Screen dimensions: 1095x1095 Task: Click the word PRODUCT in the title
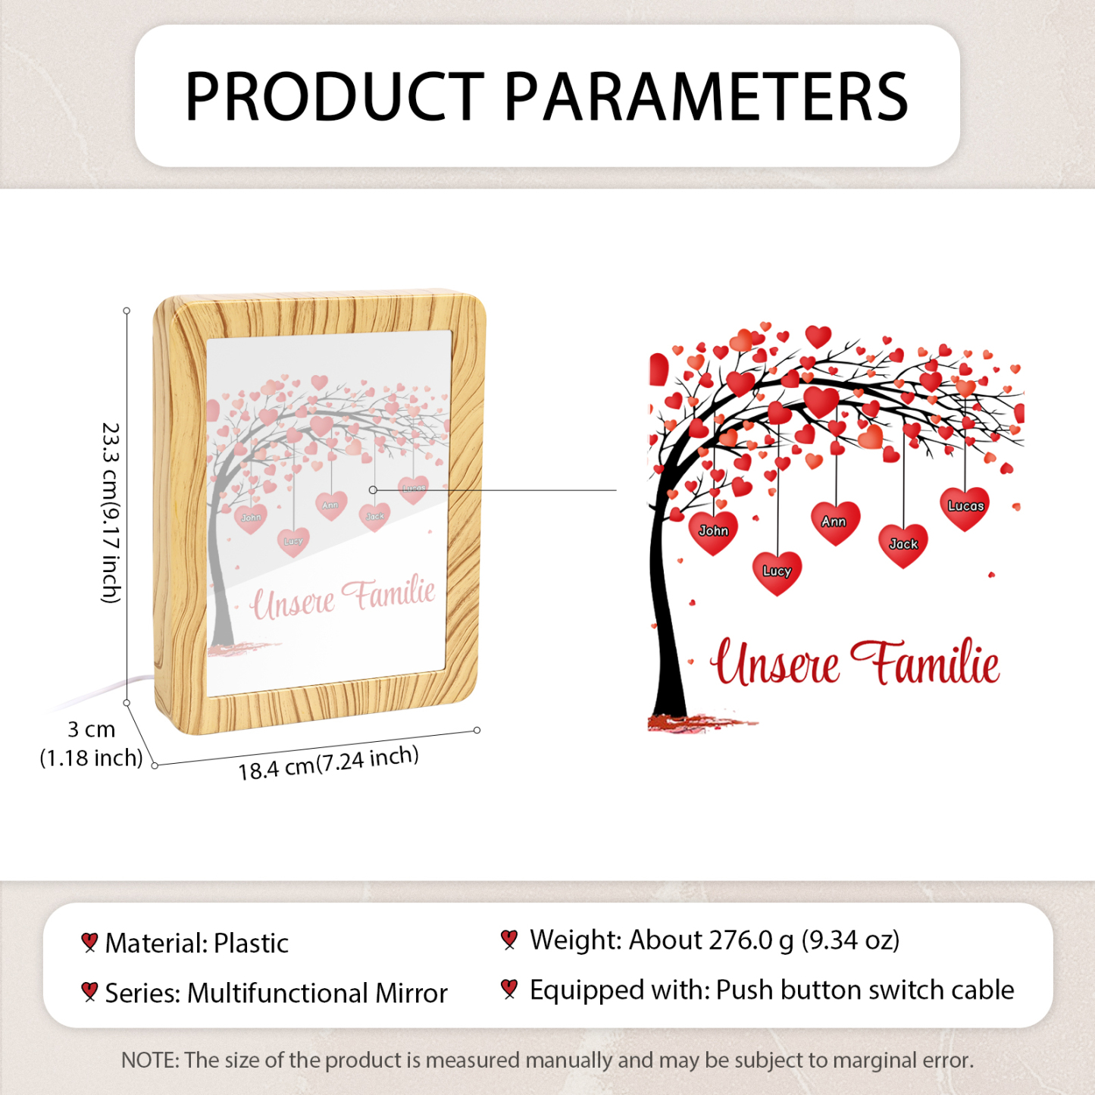pyautogui.click(x=334, y=96)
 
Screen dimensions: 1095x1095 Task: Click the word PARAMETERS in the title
pyautogui.click(x=705, y=96)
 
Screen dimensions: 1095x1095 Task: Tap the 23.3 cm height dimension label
pyautogui.click(x=110, y=512)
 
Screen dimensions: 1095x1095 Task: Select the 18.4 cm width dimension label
pyautogui.click(x=328, y=763)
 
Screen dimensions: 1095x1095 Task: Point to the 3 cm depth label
pyautogui.click(x=91, y=729)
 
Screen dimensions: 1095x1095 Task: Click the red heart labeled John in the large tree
pyautogui.click(x=713, y=533)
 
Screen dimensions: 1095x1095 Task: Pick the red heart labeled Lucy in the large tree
pyautogui.click(x=777, y=573)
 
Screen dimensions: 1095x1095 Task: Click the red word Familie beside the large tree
pyautogui.click(x=925, y=662)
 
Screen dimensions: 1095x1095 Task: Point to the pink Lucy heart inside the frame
pyautogui.click(x=293, y=543)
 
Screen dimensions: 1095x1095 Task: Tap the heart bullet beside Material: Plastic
pyautogui.click(x=89, y=942)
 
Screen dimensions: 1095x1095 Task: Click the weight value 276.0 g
pyautogui.click(x=751, y=940)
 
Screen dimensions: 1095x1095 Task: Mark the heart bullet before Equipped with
pyautogui.click(x=509, y=989)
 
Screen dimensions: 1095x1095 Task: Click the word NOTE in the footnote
pyautogui.click(x=149, y=1060)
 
